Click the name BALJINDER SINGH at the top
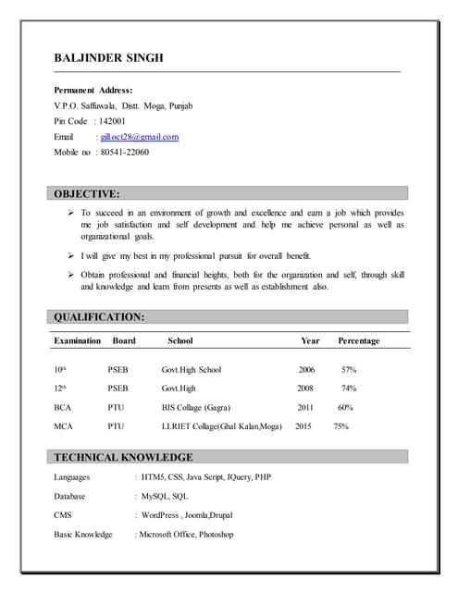[x=108, y=58]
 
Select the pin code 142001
[x=112, y=121]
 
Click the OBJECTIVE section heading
[x=86, y=194]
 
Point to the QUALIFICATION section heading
[x=99, y=316]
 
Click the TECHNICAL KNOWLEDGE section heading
[x=123, y=457]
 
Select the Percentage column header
[x=358, y=340]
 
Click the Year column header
[x=310, y=340]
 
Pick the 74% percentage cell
[x=349, y=388]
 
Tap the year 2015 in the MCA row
[x=304, y=426]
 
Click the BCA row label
[x=63, y=407]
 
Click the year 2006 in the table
[x=306, y=370]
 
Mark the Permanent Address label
[x=93, y=90]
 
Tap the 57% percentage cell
[x=349, y=370]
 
